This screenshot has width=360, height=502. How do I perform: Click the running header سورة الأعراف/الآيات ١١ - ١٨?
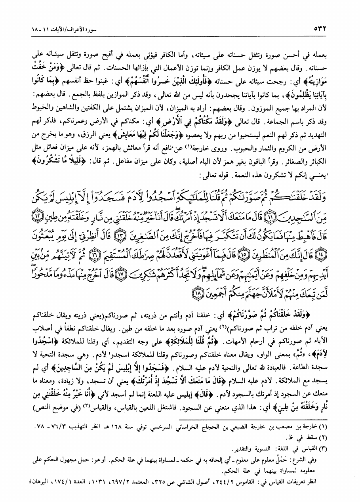(x=66, y=29)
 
